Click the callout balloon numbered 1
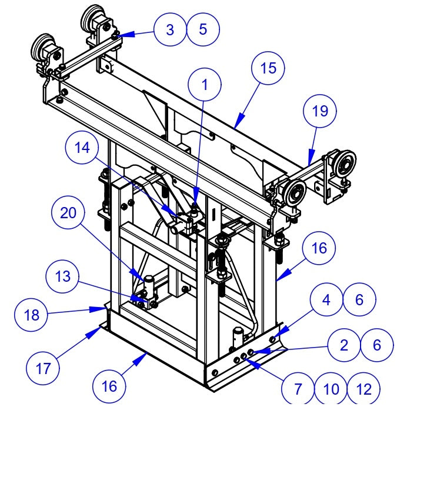[x=205, y=85]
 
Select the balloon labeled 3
[x=171, y=29]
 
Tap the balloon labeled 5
[x=204, y=29]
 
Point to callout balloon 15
[x=268, y=68]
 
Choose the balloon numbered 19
[x=319, y=111]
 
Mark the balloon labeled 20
[x=69, y=214]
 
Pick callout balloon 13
[x=63, y=276]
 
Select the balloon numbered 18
[x=31, y=315]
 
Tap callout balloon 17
[x=44, y=369]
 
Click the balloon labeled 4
[x=326, y=300]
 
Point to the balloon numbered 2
[x=344, y=345]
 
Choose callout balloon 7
[x=298, y=389]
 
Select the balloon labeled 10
[x=331, y=389]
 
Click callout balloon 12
[x=364, y=389]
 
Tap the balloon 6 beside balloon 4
[x=359, y=300]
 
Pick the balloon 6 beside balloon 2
[x=377, y=345]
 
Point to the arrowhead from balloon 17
[x=98, y=328]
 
